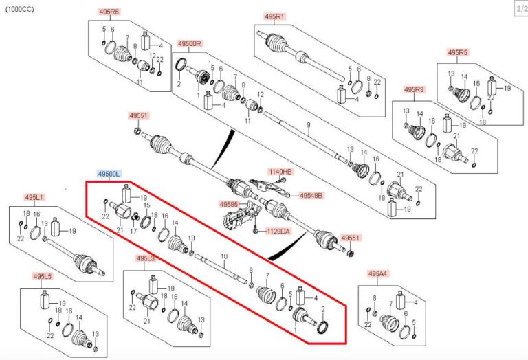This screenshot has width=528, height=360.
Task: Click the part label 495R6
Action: (x=109, y=12)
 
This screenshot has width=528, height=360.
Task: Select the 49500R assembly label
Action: (x=188, y=43)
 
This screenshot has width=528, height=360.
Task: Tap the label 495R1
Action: (x=274, y=16)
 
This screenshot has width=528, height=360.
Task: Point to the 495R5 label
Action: (x=457, y=52)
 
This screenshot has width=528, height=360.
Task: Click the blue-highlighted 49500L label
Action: (x=109, y=175)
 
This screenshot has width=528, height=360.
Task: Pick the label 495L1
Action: (x=34, y=197)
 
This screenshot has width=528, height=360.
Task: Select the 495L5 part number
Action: (x=43, y=276)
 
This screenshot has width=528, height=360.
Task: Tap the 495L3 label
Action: (x=145, y=258)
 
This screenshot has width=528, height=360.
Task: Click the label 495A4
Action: (x=377, y=273)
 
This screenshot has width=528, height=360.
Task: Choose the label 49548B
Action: (x=311, y=196)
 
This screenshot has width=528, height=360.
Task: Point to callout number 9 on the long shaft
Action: (x=309, y=124)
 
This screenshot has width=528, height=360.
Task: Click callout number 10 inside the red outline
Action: (x=223, y=256)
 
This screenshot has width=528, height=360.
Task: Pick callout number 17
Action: (x=133, y=232)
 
